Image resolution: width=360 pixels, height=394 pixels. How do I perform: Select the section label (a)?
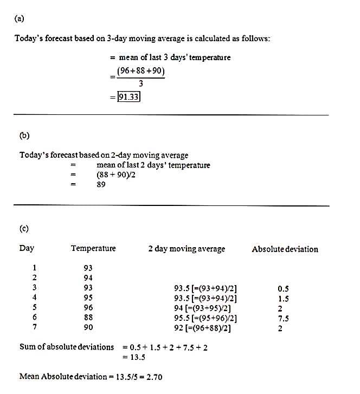20,18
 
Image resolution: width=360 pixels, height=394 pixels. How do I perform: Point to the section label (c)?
24,228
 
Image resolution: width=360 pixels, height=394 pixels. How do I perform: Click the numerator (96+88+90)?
140,71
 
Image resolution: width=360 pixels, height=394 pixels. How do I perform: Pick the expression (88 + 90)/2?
116,175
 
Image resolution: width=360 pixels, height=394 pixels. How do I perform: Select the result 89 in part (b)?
101,184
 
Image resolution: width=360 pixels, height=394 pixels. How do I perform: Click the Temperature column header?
93,248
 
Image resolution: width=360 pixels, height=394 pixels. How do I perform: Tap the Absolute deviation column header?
285,249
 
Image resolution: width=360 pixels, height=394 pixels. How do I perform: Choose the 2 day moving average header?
187,249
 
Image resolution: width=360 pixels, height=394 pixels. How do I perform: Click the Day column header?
27,248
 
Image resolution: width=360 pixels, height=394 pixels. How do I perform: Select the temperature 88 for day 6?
88,318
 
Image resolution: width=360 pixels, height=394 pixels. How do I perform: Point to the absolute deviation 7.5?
283,318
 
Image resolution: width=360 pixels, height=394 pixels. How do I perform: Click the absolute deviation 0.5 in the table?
283,289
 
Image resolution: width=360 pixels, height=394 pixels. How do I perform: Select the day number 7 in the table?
35,327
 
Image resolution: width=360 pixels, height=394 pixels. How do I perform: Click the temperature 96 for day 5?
88,308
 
